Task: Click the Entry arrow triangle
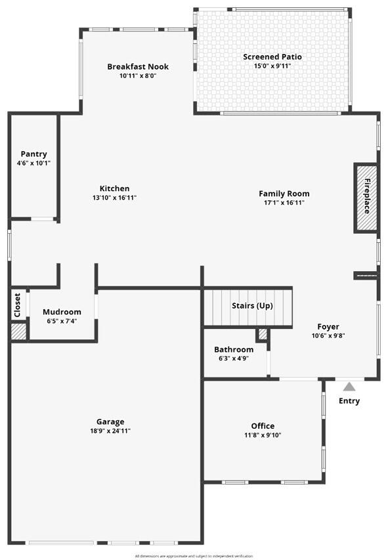coord(349,387)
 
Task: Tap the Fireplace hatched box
coord(366,198)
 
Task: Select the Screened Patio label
coord(272,56)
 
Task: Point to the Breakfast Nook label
coord(138,66)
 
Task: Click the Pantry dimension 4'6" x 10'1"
coord(33,163)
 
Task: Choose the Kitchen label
coord(115,188)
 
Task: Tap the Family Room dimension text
coord(284,203)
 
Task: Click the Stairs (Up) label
coord(252,306)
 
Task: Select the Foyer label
coord(328,327)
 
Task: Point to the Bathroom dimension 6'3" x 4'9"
coord(234,358)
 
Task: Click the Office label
coord(263,426)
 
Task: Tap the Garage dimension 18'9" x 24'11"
coord(110,431)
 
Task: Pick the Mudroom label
coord(62,312)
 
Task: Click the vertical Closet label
coord(17,305)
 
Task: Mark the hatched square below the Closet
coord(18,332)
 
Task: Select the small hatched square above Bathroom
coord(263,334)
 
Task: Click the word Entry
coord(349,401)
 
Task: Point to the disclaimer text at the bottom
coord(194,556)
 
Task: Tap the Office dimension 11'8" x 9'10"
coord(263,435)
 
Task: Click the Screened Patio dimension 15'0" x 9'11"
coord(272,66)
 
